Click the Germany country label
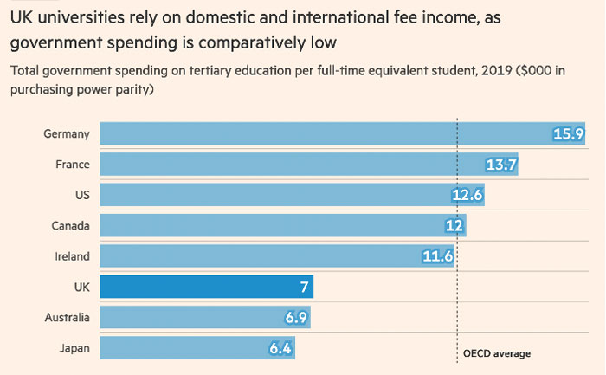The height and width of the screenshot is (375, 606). point(67,133)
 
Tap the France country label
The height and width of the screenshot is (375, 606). point(71,165)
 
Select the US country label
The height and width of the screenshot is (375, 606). point(81,195)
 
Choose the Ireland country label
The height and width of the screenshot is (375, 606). point(71,256)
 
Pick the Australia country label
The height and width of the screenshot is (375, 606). point(67,318)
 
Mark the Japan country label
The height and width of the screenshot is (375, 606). point(73,348)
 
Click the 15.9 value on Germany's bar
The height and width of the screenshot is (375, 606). point(570,133)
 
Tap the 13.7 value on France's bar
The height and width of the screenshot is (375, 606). point(501,165)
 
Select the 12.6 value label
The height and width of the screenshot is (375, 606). point(467,195)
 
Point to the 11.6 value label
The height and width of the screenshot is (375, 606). point(436,256)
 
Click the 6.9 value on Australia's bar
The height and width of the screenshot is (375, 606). point(295,318)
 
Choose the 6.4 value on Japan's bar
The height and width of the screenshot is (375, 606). point(279,348)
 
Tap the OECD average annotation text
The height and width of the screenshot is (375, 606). point(496,352)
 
